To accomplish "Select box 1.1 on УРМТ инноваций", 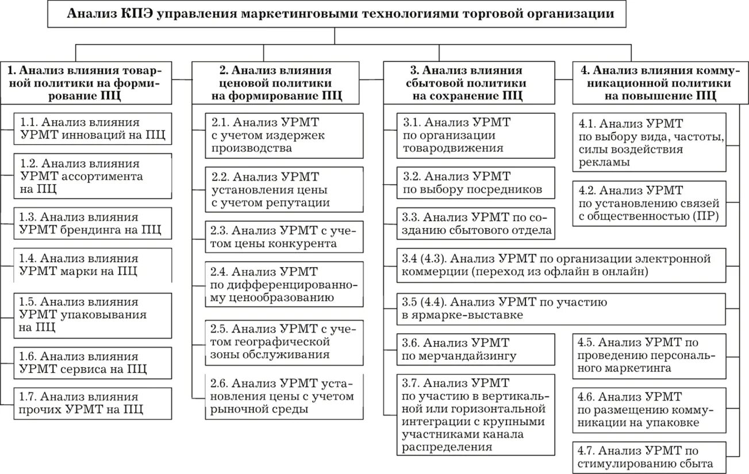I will tap(93, 129).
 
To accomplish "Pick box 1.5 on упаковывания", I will tap(93, 315).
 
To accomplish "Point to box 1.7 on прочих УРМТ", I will tap(93, 403).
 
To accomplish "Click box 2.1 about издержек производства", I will tap(284, 135).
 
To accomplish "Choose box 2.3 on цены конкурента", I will tap(284, 237).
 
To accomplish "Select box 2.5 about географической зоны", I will tap(284, 341).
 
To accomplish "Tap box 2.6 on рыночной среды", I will tap(284, 396).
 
